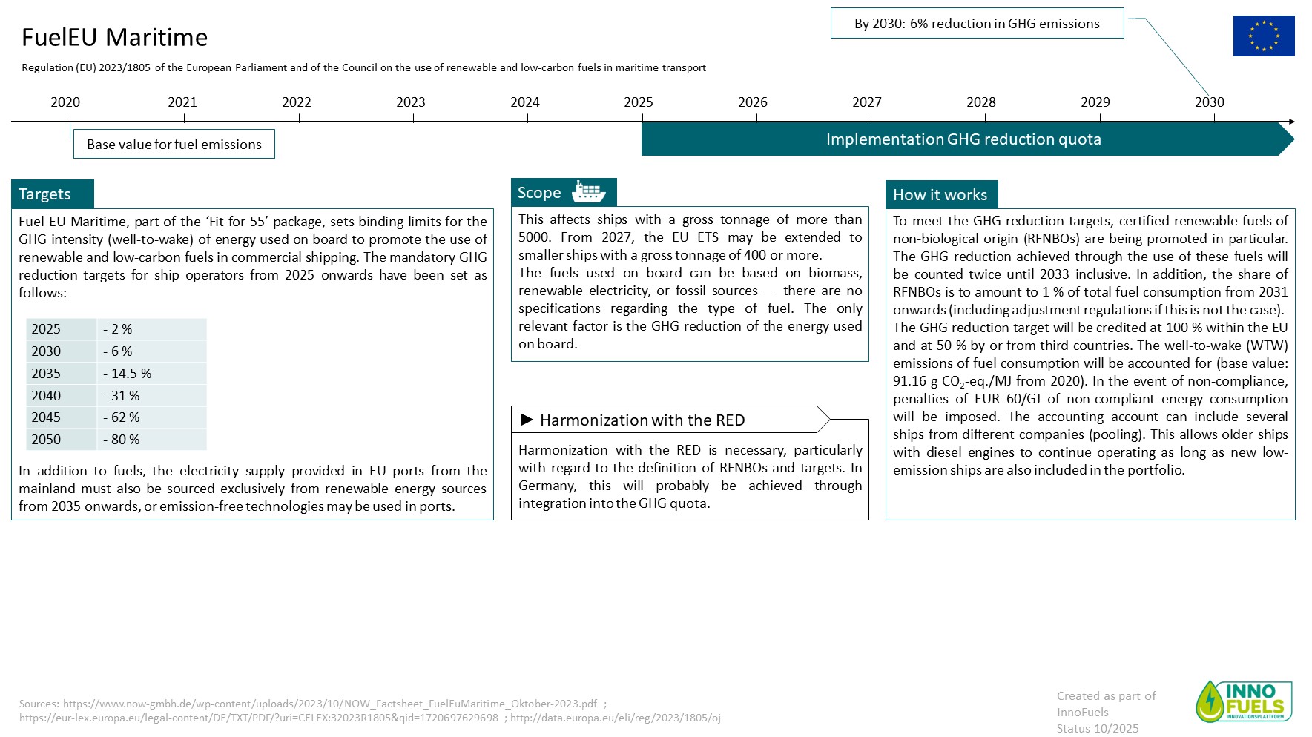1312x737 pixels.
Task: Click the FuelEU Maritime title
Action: tap(114, 37)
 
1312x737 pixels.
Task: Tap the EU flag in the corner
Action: tap(1263, 36)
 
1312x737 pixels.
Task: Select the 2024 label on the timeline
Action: tap(524, 102)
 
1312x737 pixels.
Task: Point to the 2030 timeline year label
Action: tap(1209, 102)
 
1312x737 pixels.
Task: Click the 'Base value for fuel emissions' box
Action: tap(174, 144)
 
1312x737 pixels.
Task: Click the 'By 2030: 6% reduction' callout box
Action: tap(977, 24)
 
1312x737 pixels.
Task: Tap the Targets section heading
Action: tap(45, 194)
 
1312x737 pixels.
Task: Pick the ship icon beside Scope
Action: tap(588, 192)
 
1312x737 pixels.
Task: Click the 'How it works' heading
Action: tap(940, 195)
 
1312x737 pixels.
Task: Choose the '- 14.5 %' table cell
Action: tap(127, 374)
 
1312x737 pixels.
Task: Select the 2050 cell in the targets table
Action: tap(46, 440)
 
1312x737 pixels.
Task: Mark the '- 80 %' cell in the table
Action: tap(121, 440)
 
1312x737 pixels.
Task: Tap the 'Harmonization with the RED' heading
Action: tap(642, 420)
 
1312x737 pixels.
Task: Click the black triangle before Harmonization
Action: tap(527, 420)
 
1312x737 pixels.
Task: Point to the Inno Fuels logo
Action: tap(1244, 701)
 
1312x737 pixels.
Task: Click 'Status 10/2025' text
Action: tap(1097, 728)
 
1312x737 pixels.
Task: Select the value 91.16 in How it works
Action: tap(909, 381)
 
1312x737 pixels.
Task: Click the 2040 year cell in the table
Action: tap(46, 396)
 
